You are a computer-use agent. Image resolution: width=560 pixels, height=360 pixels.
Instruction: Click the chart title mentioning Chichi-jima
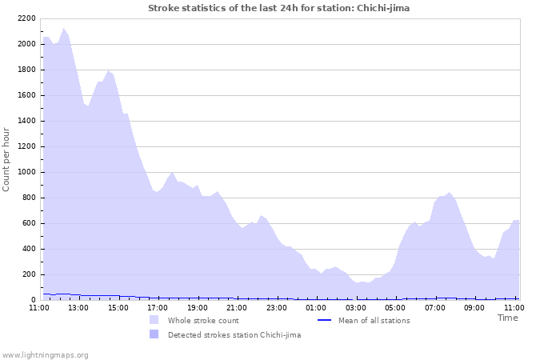[278, 8]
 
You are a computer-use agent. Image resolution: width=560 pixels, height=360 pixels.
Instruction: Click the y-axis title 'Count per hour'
[7, 159]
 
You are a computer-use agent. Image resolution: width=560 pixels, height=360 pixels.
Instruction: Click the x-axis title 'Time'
[507, 318]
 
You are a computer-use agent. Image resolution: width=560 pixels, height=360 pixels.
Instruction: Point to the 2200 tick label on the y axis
[26, 18]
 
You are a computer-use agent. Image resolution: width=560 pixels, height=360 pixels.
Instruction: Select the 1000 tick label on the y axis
[26, 172]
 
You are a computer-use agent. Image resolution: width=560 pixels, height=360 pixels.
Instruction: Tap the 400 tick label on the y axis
[28, 249]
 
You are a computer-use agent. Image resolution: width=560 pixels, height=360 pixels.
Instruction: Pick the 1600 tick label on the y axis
[26, 95]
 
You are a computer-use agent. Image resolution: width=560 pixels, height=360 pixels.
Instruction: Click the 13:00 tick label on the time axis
[78, 306]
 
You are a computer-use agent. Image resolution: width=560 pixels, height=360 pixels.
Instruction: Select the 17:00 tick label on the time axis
[158, 306]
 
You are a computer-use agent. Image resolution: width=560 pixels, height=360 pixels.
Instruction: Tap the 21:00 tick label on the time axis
[237, 306]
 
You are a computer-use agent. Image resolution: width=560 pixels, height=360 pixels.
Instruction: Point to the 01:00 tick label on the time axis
[316, 306]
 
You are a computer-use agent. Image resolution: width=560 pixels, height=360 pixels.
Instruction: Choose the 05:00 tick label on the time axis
[395, 306]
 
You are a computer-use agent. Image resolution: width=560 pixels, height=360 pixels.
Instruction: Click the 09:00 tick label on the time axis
[474, 306]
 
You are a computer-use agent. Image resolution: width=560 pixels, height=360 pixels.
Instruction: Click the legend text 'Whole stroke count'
[203, 321]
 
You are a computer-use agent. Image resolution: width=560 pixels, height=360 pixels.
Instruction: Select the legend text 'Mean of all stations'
[374, 321]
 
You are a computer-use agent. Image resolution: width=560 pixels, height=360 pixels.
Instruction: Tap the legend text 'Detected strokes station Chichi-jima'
[234, 335]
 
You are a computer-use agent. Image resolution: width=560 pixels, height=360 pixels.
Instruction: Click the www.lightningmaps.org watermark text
[45, 355]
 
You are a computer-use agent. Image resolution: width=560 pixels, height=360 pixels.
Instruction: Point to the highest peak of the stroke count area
[64, 29]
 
